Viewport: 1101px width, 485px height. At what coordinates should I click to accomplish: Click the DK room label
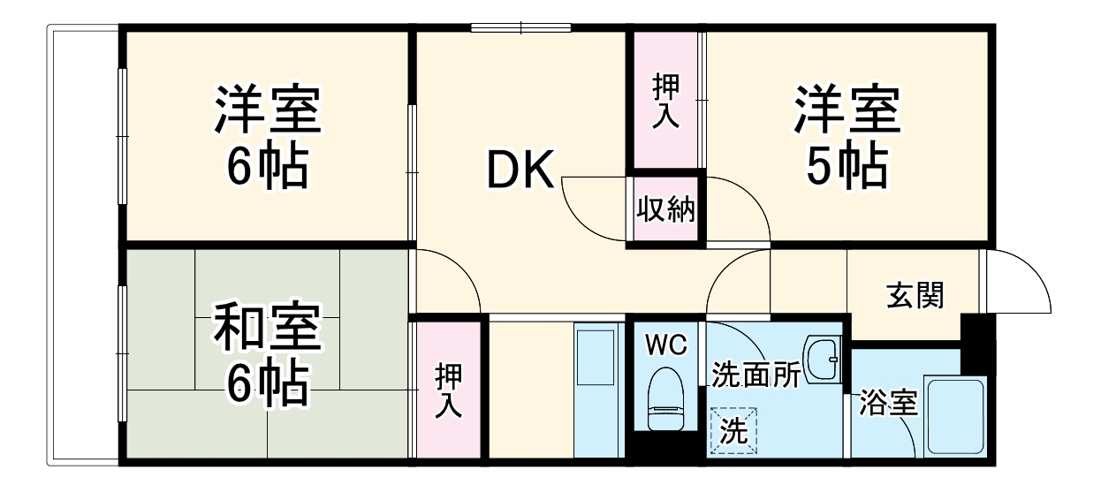(x=520, y=170)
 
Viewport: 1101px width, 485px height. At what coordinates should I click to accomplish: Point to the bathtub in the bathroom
(x=953, y=415)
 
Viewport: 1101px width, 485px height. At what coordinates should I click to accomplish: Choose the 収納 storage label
(x=666, y=209)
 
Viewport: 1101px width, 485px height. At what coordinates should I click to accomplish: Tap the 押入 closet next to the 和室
(x=449, y=389)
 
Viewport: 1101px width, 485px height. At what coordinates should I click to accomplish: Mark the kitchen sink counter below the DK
(x=598, y=389)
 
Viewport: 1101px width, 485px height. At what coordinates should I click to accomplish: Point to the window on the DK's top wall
(x=520, y=27)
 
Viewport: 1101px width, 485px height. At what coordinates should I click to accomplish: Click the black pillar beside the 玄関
(x=976, y=340)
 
